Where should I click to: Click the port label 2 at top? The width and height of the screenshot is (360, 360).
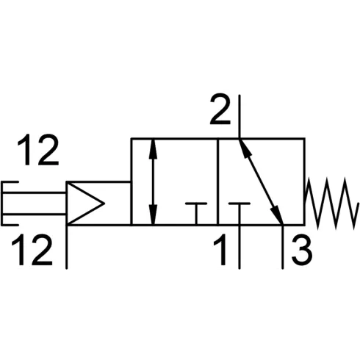pyautogui.click(x=220, y=109)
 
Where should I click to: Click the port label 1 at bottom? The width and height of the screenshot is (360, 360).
pyautogui.click(x=220, y=250)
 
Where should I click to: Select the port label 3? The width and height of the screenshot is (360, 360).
pyautogui.click(x=302, y=250)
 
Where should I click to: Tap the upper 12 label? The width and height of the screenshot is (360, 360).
pyautogui.click(x=38, y=149)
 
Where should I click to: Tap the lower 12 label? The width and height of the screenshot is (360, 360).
pyautogui.click(x=32, y=250)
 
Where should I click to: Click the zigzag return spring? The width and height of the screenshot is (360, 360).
pyautogui.click(x=332, y=204)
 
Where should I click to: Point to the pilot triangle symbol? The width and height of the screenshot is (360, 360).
pyautogui.click(x=85, y=203)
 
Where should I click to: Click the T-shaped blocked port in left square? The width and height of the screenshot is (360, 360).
pyautogui.click(x=196, y=214)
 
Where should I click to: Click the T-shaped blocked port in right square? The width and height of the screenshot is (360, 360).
pyautogui.click(x=240, y=214)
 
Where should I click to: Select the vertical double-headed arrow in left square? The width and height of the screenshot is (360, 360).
pyautogui.click(x=153, y=181)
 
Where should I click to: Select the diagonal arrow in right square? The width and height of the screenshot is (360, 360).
pyautogui.click(x=261, y=181)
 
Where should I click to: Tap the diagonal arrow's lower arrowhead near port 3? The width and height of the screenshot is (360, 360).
pyautogui.click(x=277, y=215)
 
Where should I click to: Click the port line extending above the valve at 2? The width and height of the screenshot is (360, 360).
pyautogui.click(x=240, y=117)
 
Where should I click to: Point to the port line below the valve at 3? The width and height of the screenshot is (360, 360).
pyautogui.click(x=283, y=247)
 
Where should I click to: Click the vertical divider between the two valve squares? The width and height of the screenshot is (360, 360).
pyautogui.click(x=217, y=181)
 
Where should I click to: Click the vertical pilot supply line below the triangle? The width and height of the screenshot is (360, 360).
pyautogui.click(x=67, y=247)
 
